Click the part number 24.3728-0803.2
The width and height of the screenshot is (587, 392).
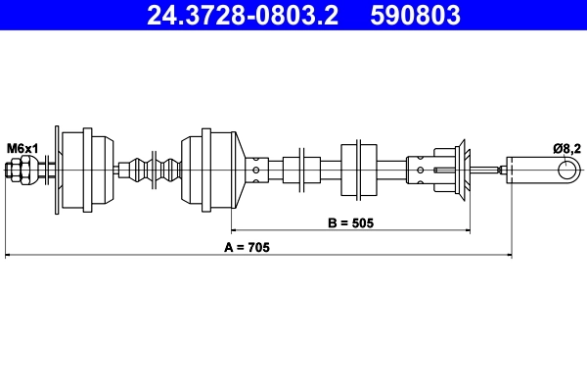(x=244, y=16)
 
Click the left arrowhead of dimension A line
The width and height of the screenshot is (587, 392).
(x=9, y=257)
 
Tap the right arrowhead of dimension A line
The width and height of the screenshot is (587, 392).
(x=508, y=257)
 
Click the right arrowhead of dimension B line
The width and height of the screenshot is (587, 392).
(x=468, y=232)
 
